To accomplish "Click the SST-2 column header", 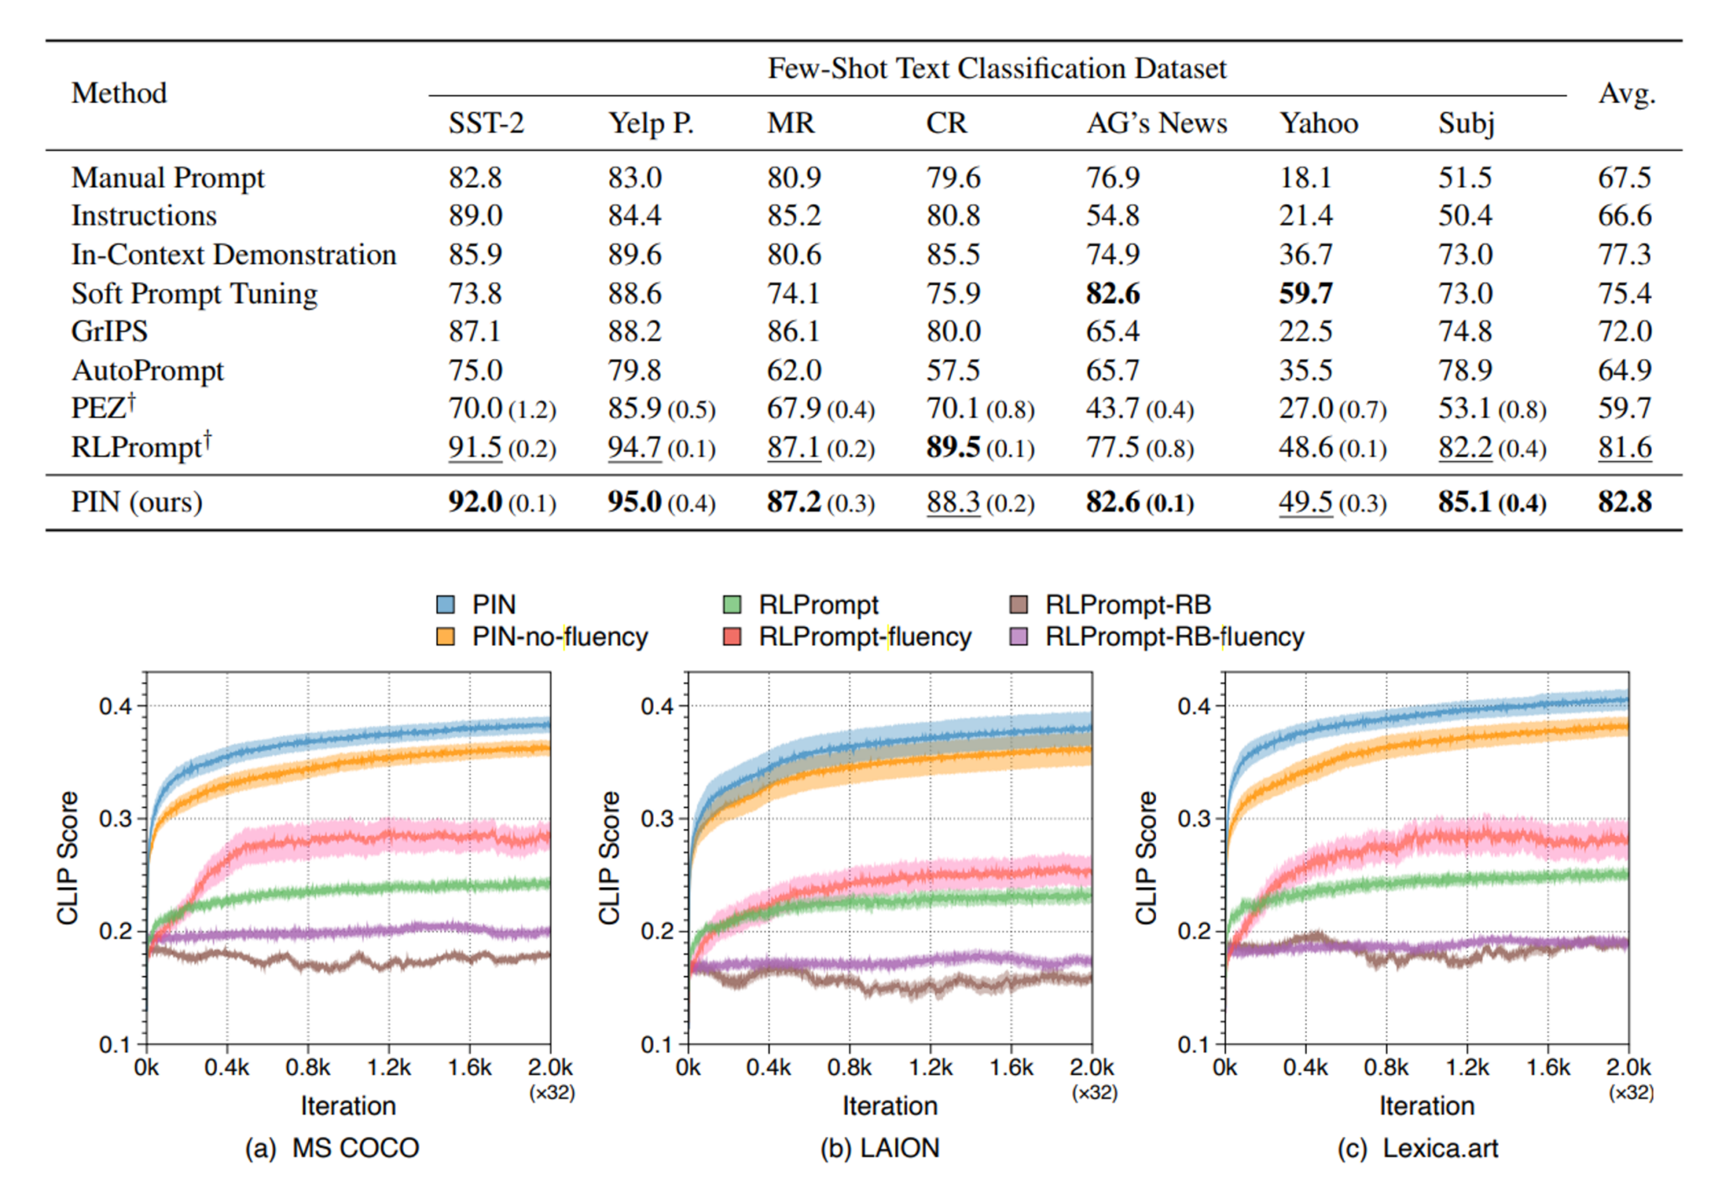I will click(x=486, y=123).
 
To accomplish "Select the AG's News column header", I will click(x=1156, y=123).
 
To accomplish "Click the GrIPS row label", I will click(x=109, y=331).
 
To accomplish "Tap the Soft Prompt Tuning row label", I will click(x=194, y=293).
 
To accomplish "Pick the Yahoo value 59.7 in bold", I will click(x=1304, y=293).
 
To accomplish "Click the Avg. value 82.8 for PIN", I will click(x=1624, y=501).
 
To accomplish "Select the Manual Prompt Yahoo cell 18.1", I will click(x=1304, y=178).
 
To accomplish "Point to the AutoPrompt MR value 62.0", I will click(x=794, y=370).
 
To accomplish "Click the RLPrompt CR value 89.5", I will click(x=953, y=447).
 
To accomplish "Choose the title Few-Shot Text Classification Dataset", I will click(x=997, y=69).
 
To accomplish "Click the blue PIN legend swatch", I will click(x=445, y=605).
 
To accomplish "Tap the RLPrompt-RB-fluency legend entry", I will click(x=1174, y=637).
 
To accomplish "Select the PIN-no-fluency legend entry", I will click(x=560, y=637).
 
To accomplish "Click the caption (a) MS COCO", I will click(x=332, y=1147).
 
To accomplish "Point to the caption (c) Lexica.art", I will click(x=1417, y=1147).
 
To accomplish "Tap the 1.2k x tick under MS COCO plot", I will click(x=388, y=1067).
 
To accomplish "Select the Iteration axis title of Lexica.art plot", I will click(x=1426, y=1105).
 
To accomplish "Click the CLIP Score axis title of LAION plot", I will click(x=610, y=857).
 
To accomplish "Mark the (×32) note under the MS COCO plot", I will click(x=551, y=1093).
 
